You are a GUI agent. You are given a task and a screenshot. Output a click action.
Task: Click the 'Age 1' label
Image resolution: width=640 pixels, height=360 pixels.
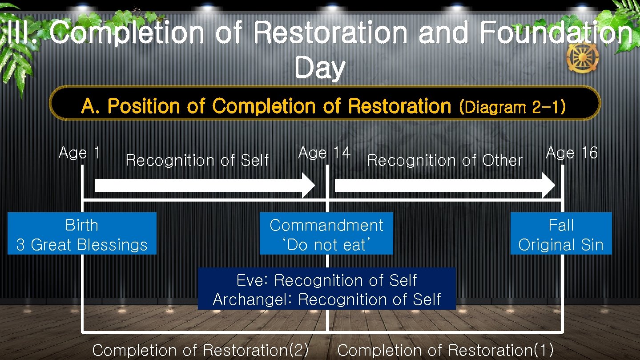pyautogui.click(x=79, y=153)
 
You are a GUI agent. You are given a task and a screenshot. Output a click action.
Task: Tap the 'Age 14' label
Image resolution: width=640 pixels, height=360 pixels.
pyautogui.click(x=324, y=153)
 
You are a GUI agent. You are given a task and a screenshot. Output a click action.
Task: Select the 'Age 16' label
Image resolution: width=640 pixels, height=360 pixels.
pyautogui.click(x=572, y=153)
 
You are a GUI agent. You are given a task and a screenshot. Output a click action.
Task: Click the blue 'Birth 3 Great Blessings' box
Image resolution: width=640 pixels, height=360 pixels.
pyautogui.click(x=82, y=234)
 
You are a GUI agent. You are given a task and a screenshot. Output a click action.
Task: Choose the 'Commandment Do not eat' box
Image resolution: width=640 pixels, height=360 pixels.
pyautogui.click(x=326, y=234)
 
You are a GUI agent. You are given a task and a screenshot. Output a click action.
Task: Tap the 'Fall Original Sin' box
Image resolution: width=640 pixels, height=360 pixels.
pyautogui.click(x=561, y=234)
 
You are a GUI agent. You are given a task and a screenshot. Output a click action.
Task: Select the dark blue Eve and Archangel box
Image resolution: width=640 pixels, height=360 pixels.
pyautogui.click(x=326, y=289)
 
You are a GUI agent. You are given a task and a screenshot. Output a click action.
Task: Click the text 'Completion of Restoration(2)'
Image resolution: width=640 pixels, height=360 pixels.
pyautogui.click(x=200, y=350)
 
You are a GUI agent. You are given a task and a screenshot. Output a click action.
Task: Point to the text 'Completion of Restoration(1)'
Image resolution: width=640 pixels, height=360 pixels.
pyautogui.click(x=445, y=350)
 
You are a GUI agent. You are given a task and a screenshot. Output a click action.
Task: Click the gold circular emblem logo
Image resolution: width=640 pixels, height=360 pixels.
pyautogui.click(x=583, y=58)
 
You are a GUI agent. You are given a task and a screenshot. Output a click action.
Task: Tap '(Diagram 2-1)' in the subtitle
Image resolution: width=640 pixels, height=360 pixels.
pyautogui.click(x=512, y=107)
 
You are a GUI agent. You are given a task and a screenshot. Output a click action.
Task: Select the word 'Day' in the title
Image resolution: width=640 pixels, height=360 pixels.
pyautogui.click(x=319, y=68)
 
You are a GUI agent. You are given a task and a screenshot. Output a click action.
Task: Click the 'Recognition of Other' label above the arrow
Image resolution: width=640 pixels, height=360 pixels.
pyautogui.click(x=445, y=160)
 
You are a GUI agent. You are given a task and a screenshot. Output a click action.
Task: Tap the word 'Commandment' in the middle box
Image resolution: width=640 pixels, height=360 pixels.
pyautogui.click(x=326, y=225)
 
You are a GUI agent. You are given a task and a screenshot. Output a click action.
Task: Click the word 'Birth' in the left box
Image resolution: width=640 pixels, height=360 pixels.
pyautogui.click(x=82, y=225)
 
